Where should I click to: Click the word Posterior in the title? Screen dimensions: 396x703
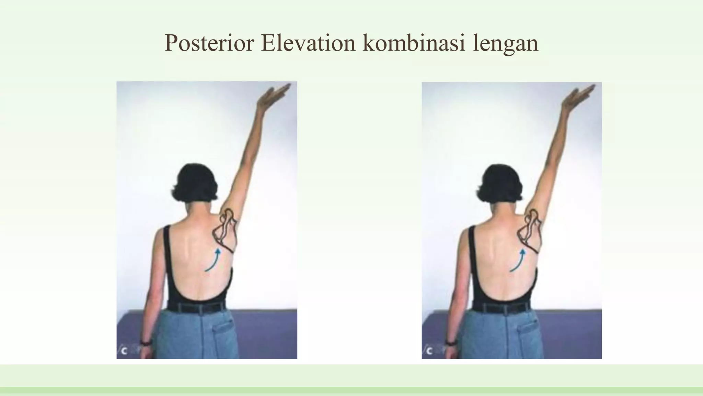pyautogui.click(x=209, y=43)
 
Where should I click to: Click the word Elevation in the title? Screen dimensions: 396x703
pyautogui.click(x=308, y=43)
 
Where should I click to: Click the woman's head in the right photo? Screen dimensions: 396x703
pyautogui.click(x=499, y=182)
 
